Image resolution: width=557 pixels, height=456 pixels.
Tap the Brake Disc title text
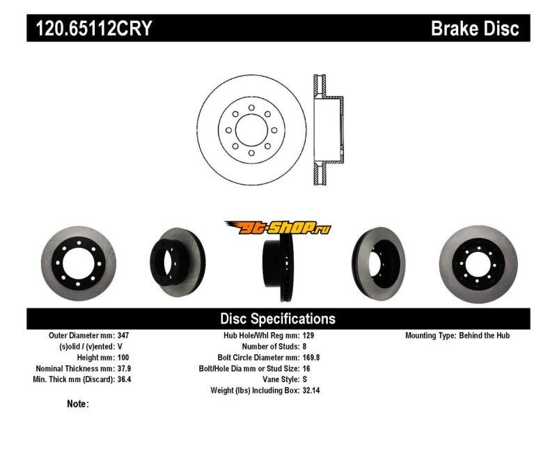(x=475, y=29)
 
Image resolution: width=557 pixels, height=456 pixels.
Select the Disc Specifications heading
(x=278, y=319)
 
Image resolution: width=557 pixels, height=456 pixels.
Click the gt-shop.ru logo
(x=278, y=227)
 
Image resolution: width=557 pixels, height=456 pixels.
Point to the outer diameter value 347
(x=123, y=336)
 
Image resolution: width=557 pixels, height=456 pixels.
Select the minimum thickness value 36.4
(x=125, y=379)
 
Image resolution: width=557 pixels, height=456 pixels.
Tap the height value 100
(x=123, y=357)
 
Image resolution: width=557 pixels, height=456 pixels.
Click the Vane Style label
(x=278, y=379)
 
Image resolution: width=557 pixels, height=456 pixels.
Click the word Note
(x=77, y=404)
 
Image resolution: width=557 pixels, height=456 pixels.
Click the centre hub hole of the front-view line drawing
(x=251, y=130)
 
